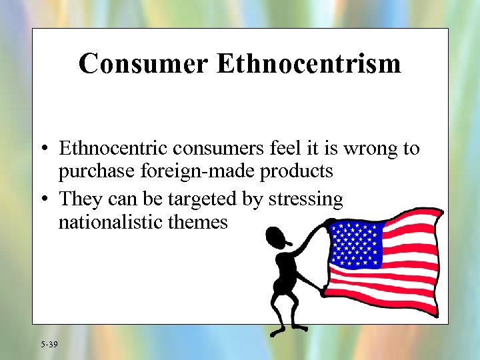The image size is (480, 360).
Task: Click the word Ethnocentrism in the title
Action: (x=309, y=64)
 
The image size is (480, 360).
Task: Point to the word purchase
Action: (x=98, y=172)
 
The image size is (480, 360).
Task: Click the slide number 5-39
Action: (x=49, y=344)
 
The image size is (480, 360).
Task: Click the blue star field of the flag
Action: (x=356, y=244)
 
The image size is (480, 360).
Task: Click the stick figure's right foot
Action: (x=299, y=328)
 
